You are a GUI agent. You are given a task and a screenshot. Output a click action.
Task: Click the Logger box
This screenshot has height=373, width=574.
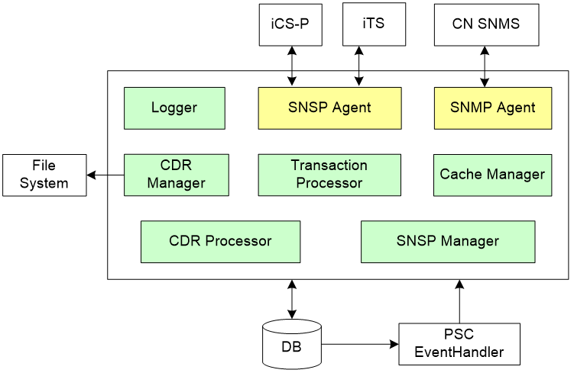click(174, 108)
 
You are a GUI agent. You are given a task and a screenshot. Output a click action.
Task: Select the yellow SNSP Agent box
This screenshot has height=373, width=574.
click(329, 108)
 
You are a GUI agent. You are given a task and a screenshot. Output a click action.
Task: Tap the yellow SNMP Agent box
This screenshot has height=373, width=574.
click(494, 108)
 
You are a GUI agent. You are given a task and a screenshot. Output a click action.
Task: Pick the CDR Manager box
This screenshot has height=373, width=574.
click(176, 175)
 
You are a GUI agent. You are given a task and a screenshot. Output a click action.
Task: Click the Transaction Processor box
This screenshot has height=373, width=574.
click(329, 175)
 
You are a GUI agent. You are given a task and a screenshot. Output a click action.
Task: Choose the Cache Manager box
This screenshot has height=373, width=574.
click(492, 175)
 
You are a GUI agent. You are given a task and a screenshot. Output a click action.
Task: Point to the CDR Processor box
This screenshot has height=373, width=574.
click(220, 241)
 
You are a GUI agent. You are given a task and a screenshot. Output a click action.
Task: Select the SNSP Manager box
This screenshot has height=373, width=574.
click(447, 241)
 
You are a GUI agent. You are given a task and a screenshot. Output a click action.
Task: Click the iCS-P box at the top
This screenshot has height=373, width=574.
click(290, 24)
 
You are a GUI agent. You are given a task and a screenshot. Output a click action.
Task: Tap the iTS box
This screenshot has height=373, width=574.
click(373, 24)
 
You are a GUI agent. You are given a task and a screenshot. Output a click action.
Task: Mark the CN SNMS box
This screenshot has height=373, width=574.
click(486, 24)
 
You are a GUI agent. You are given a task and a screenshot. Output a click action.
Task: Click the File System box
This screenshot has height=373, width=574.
click(44, 175)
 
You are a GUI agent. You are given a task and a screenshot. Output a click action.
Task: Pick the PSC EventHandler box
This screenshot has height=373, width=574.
click(459, 344)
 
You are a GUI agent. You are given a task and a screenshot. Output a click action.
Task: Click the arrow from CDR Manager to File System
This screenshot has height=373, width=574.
click(105, 175)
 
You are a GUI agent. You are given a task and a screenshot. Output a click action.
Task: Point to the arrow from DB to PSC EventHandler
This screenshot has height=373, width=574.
click(359, 344)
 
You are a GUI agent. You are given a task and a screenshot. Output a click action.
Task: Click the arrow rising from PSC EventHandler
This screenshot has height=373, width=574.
click(459, 301)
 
